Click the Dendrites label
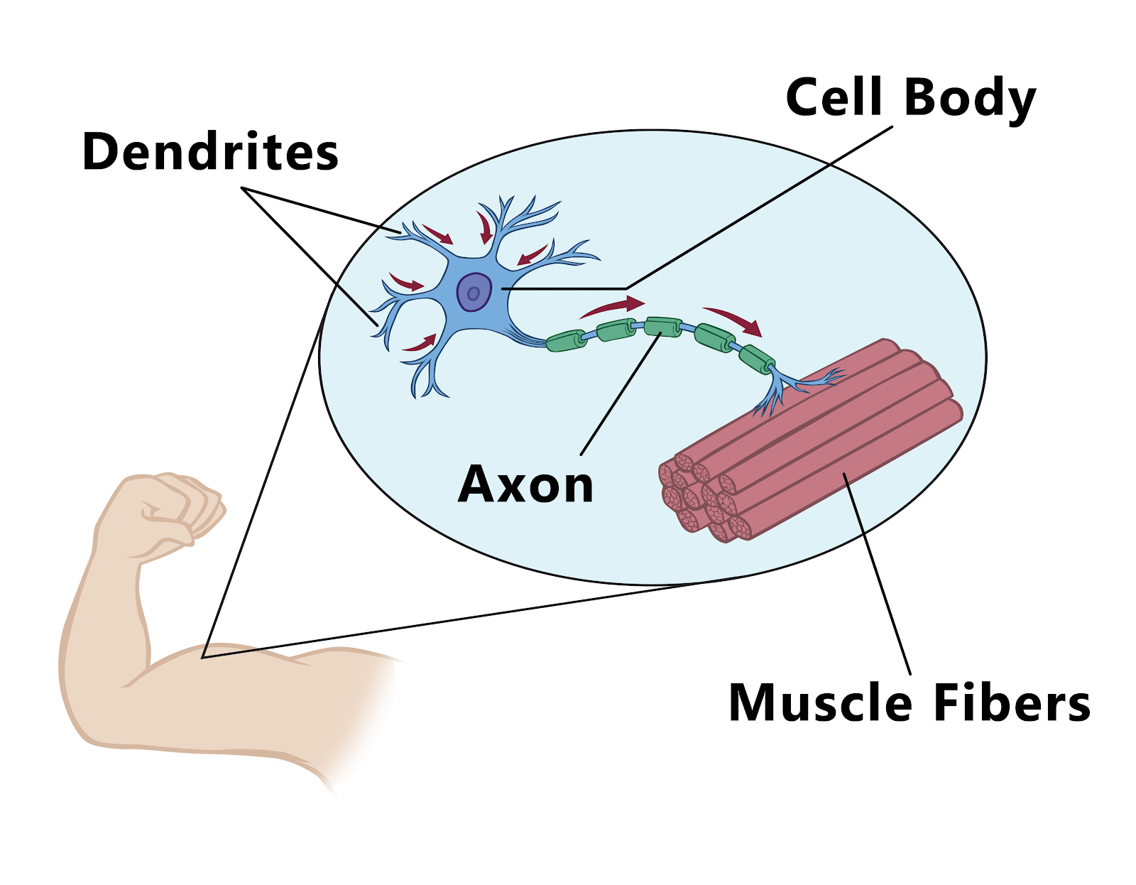[210, 152]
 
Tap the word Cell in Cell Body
[834, 97]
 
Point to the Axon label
[525, 484]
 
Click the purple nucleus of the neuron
[474, 291]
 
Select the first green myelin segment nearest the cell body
[567, 340]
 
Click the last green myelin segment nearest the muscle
[757, 359]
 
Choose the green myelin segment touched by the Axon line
[663, 327]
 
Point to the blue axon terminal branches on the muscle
[788, 387]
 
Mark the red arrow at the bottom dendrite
[419, 344]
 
